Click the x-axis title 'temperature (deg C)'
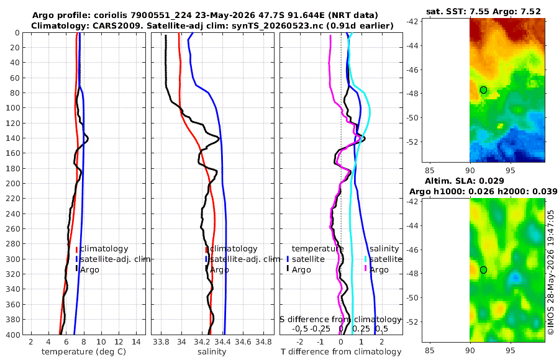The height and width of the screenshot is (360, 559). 84,352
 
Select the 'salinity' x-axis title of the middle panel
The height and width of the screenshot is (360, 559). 212,352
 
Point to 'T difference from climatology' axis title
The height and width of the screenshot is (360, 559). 341,352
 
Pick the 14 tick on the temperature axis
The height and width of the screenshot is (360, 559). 136,342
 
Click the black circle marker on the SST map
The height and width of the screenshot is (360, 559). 483,90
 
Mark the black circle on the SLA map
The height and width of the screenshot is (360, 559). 483,270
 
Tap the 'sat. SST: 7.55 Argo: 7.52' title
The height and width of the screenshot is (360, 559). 483,12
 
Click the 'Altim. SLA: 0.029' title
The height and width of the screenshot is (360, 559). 464,181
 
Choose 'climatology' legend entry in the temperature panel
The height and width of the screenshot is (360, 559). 104,249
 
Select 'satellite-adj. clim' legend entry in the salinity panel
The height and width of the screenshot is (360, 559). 245,259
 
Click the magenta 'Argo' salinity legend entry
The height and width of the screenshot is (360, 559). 379,270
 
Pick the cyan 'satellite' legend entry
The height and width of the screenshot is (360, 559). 386,259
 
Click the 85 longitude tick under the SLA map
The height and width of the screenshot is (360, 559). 430,351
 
